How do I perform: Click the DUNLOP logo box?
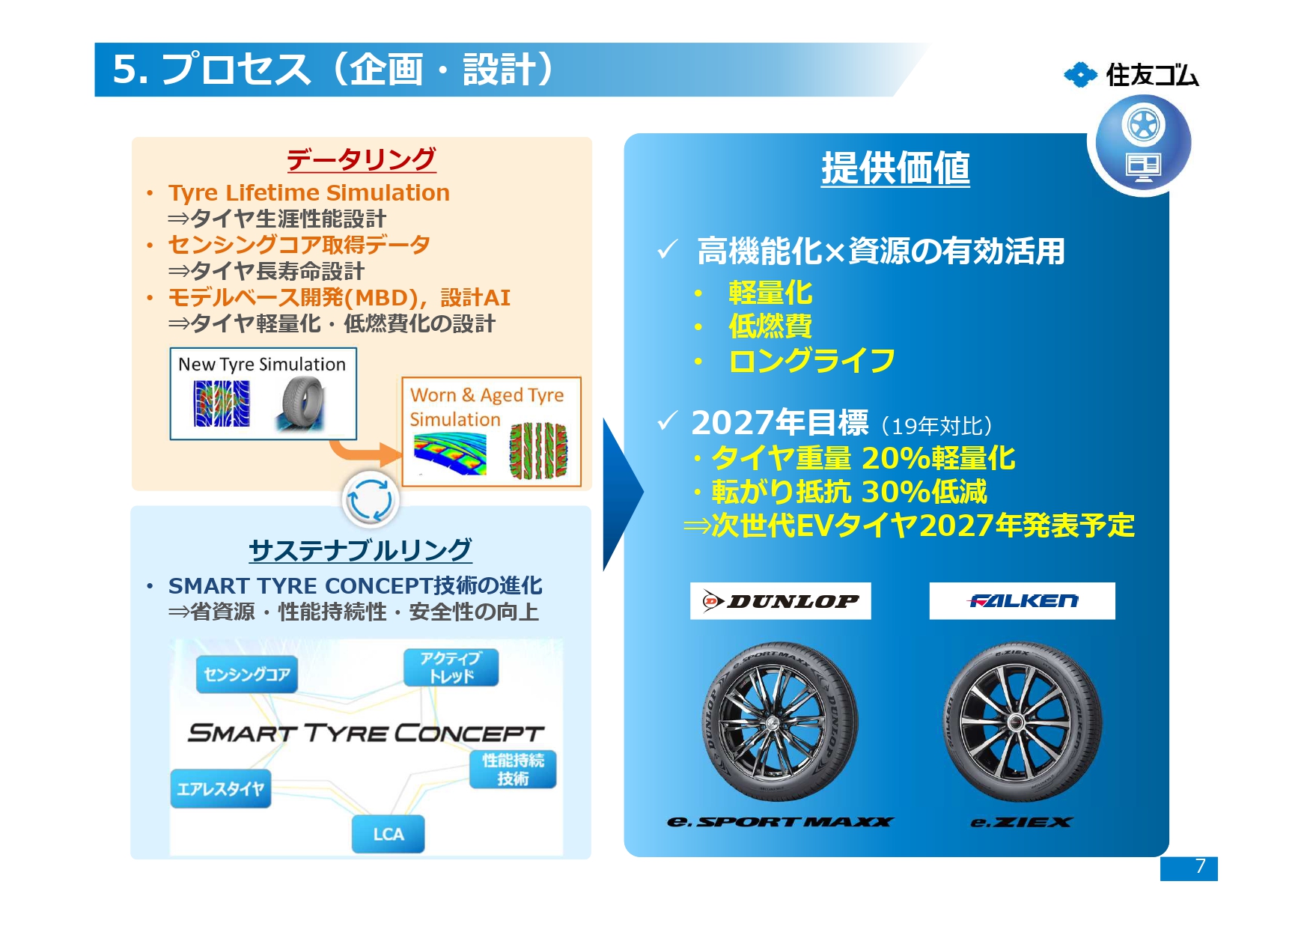coord(780,600)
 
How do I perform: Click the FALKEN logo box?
coord(1022,600)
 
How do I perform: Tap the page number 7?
coord(1200,867)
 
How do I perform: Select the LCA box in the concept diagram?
coord(388,834)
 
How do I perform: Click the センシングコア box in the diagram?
coord(247,674)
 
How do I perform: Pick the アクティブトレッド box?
coord(451,667)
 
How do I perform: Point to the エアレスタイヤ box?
coord(220,789)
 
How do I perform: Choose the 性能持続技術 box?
coord(513,770)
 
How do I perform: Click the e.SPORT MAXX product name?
coord(780,822)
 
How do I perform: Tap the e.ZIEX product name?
coord(1021,822)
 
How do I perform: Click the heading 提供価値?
coord(895,168)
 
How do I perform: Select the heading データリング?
coord(361,159)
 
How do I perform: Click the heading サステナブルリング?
coord(360,550)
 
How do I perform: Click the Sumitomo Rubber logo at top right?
coord(1131,75)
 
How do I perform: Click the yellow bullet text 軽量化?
coord(770,293)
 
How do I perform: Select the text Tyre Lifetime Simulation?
coord(308,193)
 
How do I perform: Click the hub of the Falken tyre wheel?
coord(1016,722)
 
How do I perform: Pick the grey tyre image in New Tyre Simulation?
coord(303,403)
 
